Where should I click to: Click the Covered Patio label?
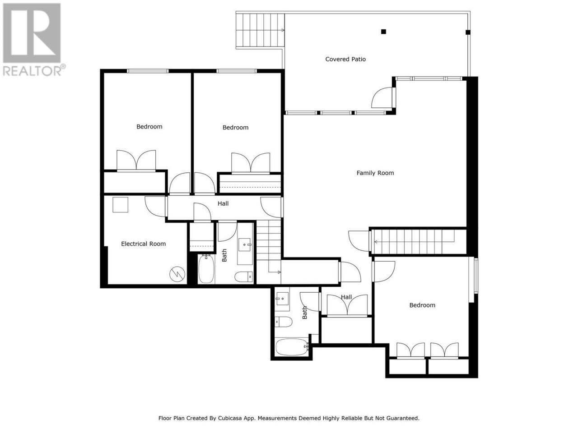click(x=345, y=59)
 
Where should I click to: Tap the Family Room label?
click(x=375, y=173)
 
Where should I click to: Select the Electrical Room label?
click(x=143, y=244)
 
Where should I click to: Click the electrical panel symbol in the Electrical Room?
click(x=177, y=274)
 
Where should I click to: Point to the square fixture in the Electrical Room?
click(x=120, y=204)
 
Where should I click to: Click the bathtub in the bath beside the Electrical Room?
click(x=206, y=268)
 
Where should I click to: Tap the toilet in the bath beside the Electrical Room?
click(x=243, y=276)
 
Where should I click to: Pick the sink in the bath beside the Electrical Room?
click(x=245, y=244)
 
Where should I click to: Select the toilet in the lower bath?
click(x=283, y=322)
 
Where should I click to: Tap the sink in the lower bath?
click(x=282, y=299)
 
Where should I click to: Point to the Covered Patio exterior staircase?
click(x=260, y=30)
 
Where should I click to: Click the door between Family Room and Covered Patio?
click(x=383, y=97)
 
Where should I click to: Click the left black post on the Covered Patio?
click(x=383, y=32)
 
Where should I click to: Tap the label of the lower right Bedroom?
click(x=422, y=305)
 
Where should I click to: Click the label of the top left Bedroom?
click(x=149, y=126)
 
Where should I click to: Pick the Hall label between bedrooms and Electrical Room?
click(x=223, y=203)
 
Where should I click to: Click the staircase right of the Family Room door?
click(x=419, y=242)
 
